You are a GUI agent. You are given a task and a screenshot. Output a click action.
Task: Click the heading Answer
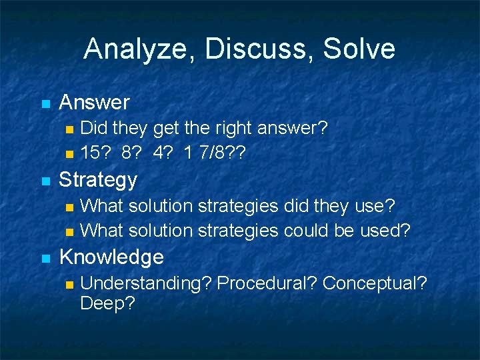(x=94, y=103)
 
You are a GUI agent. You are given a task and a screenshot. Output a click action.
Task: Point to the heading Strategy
(x=98, y=180)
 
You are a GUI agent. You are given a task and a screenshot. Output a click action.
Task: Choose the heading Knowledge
(x=111, y=257)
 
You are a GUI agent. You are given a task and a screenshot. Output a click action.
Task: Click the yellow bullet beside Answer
(x=45, y=104)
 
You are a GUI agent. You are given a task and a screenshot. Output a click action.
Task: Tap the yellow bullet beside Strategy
(x=45, y=181)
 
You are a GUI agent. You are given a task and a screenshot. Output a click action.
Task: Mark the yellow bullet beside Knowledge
(x=45, y=259)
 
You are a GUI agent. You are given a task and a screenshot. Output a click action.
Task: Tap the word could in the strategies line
(x=305, y=231)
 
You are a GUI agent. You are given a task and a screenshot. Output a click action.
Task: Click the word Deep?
(x=107, y=304)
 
